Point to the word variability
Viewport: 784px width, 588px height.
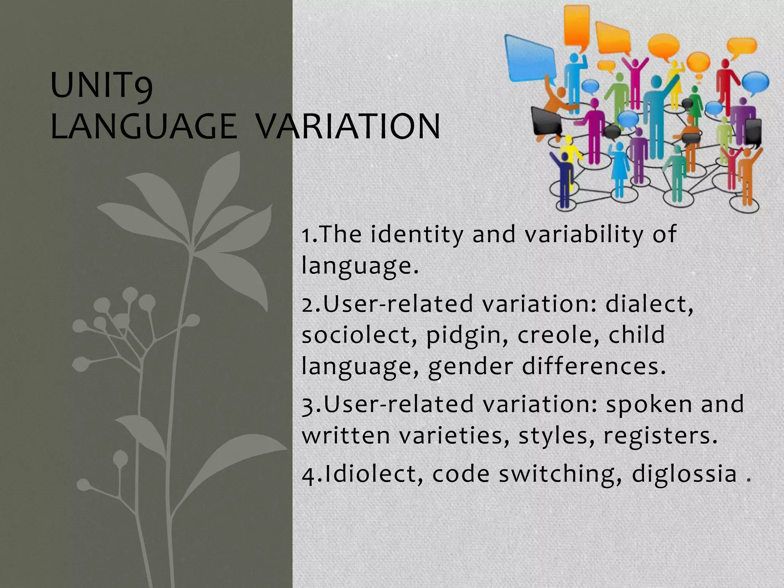(584, 235)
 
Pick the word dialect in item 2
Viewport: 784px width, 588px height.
(649, 304)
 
